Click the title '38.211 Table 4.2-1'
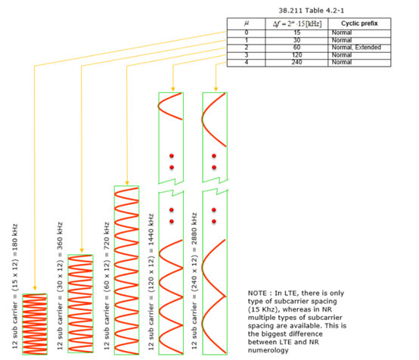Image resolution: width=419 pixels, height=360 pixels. pyautogui.click(x=312, y=11)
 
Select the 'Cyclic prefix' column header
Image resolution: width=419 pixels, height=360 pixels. pyautogui.click(x=359, y=23)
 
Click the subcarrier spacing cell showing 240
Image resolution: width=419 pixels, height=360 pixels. pyautogui.click(x=296, y=62)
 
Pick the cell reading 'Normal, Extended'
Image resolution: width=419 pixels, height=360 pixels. pyautogui.click(x=359, y=48)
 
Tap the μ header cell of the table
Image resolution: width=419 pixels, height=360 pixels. pyautogui.click(x=246, y=23)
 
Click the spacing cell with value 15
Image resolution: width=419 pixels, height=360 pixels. pyautogui.click(x=296, y=33)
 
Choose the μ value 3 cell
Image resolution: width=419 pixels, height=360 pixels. pyautogui.click(x=246, y=55)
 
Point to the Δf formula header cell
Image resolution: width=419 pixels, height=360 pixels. pyautogui.click(x=296, y=23)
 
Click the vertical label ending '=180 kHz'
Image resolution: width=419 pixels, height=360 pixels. pyautogui.click(x=15, y=287)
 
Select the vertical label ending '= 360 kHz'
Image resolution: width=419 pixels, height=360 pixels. pyautogui.click(x=60, y=286)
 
